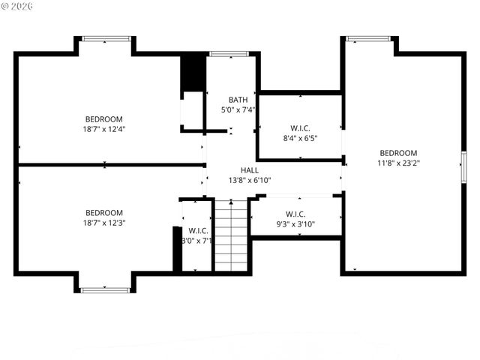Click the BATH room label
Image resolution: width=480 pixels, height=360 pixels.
pos(238,100)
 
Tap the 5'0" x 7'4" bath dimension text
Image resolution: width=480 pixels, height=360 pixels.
pos(238,109)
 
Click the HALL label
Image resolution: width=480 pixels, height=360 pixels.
pos(250,170)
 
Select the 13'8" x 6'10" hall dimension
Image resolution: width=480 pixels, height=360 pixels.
pos(250,180)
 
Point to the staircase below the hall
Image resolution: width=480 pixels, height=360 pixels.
pos(231,235)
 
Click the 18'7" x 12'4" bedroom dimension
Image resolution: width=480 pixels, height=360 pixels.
pos(103,129)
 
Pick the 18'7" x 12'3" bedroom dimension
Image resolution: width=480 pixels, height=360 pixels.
pos(103,223)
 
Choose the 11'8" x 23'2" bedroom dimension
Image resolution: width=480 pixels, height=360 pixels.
pos(398,162)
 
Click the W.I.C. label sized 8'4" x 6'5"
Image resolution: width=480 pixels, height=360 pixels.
pos(299,128)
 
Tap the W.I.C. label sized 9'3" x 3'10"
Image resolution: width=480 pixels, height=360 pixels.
pos(295,214)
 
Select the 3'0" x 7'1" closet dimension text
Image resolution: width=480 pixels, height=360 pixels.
pos(198,241)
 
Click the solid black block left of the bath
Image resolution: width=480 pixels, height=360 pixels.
pos(193,73)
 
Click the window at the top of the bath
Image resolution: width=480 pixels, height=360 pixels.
pos(223,54)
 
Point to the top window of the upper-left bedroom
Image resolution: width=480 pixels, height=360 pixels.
pos(106,39)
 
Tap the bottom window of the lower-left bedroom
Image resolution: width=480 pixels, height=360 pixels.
pos(105,289)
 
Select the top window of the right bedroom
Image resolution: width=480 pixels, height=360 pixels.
pos(368,39)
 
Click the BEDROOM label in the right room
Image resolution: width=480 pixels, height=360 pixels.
pos(398,152)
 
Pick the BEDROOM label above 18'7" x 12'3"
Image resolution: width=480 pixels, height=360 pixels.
pos(103,213)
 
